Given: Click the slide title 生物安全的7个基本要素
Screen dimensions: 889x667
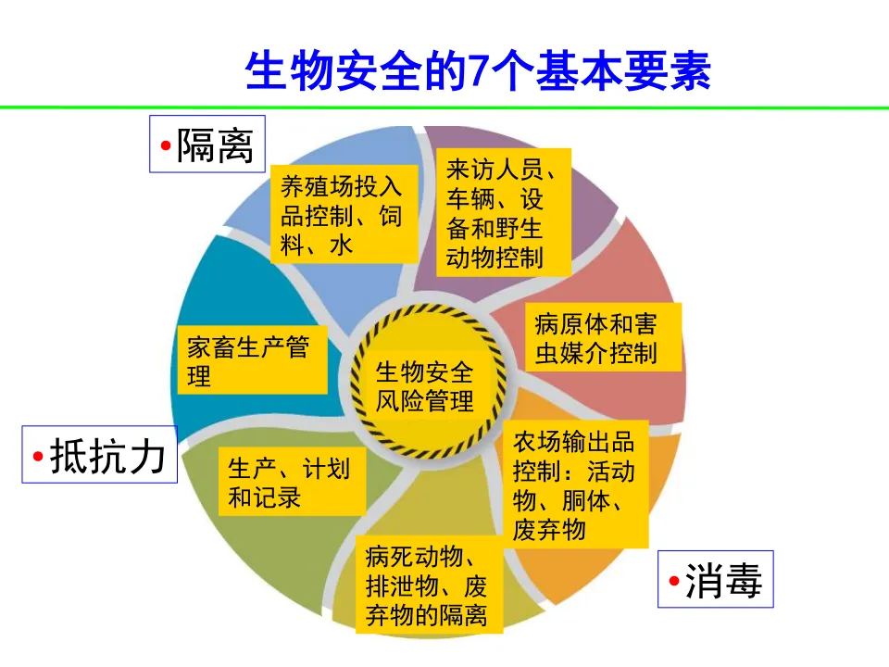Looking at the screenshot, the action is [478, 72].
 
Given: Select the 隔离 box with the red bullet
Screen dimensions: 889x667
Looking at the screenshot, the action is [207, 145].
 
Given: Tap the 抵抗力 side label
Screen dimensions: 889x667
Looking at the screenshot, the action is [100, 455].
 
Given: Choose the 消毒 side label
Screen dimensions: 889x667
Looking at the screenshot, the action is [715, 580].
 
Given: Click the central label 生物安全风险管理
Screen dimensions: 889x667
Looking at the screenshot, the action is [425, 386].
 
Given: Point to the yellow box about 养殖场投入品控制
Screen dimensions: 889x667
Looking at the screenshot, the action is [342, 215].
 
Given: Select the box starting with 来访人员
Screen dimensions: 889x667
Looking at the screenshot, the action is [504, 212].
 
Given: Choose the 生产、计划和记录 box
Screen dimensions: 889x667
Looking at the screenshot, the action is [290, 482].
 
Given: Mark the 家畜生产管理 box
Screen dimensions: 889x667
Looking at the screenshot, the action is [249, 359].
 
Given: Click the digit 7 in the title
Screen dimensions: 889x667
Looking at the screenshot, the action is [478, 72].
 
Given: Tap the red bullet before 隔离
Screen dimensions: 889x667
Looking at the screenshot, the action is [165, 146].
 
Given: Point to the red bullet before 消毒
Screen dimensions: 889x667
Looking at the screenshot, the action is [673, 582].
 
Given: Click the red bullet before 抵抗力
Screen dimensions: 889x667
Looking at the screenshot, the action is [38, 457].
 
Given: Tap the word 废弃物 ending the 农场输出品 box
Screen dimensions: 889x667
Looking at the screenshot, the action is [549, 529].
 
